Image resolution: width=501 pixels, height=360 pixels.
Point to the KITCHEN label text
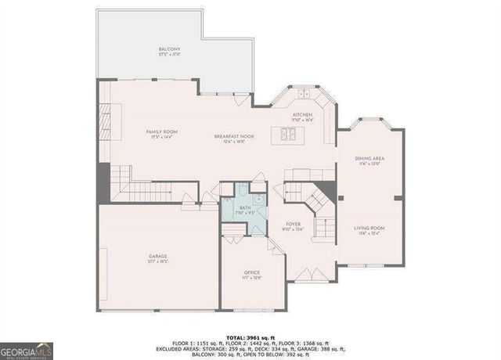pos(302,115)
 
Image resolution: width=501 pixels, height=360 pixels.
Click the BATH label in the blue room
pos(245,208)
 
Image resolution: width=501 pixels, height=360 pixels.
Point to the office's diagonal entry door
pos(271,245)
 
